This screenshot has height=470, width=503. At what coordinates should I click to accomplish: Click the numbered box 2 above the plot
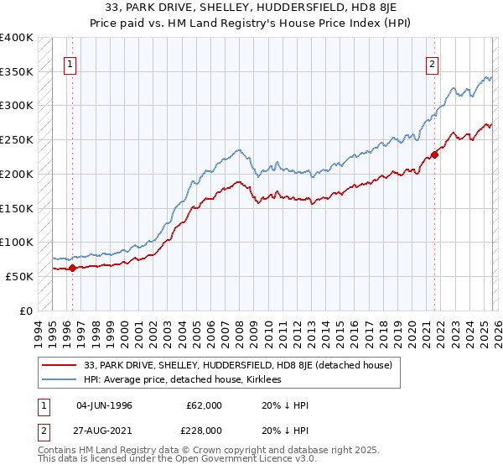coord(433,63)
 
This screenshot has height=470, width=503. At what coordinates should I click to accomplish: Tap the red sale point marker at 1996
coord(72,269)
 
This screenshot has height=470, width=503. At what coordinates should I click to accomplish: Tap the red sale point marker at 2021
coord(435,154)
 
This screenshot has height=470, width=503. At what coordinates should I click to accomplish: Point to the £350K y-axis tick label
coord(17,72)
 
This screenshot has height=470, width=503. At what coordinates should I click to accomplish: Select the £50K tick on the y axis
coord(19,276)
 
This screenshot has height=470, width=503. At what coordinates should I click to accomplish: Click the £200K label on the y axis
coord(17,175)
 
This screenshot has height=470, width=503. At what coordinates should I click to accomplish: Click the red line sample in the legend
coord(60,365)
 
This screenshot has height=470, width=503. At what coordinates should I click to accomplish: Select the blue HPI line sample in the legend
coord(60,380)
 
